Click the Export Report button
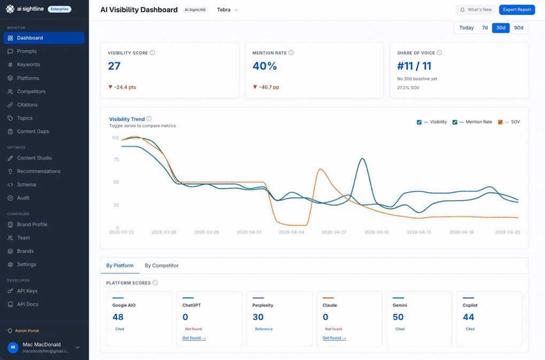[517, 10]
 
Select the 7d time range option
[485, 28]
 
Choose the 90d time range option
[518, 28]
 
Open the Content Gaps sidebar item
[33, 131]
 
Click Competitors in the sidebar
[31, 91]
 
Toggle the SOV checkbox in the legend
[500, 122]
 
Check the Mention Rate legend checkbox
[455, 122]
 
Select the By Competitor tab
[161, 265]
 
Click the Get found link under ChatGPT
[194, 338]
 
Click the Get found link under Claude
[334, 338]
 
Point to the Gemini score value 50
[398, 317]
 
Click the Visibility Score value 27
[114, 66]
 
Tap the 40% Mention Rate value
[264, 66]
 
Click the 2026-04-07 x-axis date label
[333, 232]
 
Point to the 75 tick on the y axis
[115, 160]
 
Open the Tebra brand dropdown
[228, 10]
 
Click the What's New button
[476, 10]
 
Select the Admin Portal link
[27, 331]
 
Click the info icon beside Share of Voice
[439, 53]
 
